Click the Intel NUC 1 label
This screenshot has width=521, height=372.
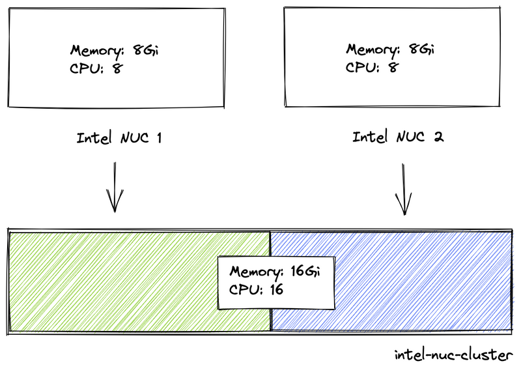pyautogui.click(x=119, y=138)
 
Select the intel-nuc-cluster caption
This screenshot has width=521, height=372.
pyautogui.click(x=454, y=355)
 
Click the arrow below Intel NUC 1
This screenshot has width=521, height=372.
pyautogui.click(x=115, y=188)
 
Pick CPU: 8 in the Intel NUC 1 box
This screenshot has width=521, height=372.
pyautogui.click(x=95, y=68)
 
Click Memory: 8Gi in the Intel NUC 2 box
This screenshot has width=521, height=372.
pyautogui.click(x=390, y=50)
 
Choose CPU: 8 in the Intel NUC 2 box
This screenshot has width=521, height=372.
pyautogui.click(x=371, y=66)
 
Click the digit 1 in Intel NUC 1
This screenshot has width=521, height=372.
pyautogui.click(x=158, y=138)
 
